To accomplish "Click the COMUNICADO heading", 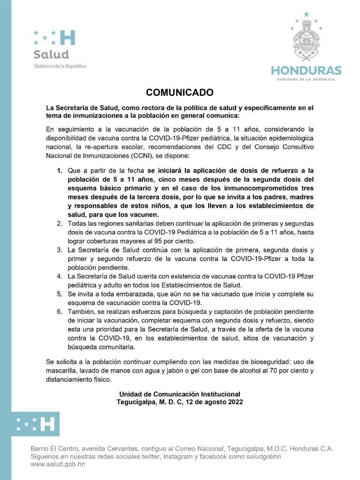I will pyautogui.click(x=180, y=92).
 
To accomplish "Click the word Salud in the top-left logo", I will pyautogui.click(x=51, y=54).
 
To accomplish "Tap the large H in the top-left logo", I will pyautogui.click(x=67, y=37).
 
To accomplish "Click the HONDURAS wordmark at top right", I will pyautogui.click(x=306, y=70).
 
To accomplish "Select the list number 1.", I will pyautogui.click(x=59, y=171).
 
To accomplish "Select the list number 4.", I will pyautogui.click(x=59, y=276).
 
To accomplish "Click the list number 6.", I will pyautogui.click(x=59, y=312).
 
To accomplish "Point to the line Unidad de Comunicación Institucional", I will pyautogui.click(x=180, y=394).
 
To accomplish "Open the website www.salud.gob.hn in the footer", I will pyautogui.click(x=58, y=464).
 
